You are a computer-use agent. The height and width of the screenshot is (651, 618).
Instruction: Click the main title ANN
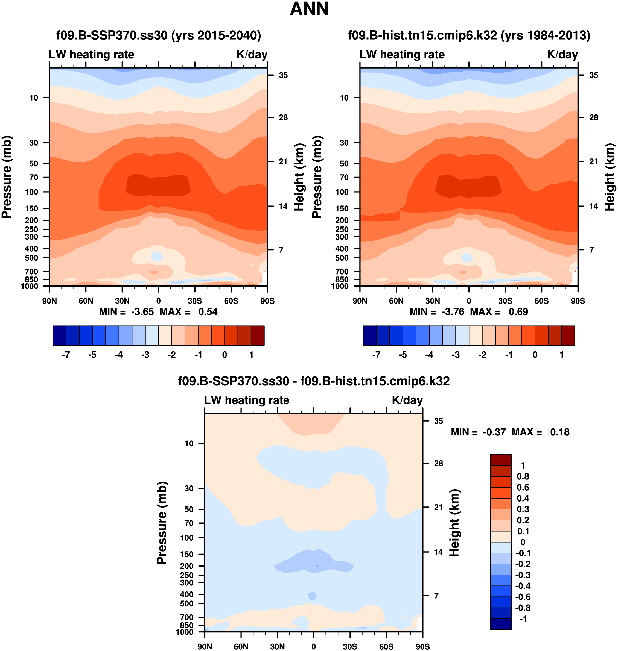[x=309, y=9]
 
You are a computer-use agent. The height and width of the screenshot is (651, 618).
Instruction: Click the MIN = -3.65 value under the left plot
[x=127, y=312]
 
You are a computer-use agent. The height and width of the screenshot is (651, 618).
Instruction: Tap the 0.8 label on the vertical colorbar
[x=523, y=476]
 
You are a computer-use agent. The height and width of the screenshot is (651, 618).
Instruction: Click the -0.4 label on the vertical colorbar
[x=523, y=586]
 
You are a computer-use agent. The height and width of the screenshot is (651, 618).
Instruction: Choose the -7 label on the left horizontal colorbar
[x=66, y=355]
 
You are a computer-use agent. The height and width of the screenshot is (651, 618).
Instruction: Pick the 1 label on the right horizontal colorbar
[x=562, y=355]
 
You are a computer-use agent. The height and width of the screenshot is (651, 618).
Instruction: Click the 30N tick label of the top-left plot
[x=122, y=301]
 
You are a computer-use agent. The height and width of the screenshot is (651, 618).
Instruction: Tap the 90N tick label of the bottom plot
[x=205, y=646]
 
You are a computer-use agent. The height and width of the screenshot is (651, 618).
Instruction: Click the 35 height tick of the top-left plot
[x=283, y=75]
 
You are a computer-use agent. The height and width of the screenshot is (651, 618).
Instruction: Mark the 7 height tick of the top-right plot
[x=592, y=250]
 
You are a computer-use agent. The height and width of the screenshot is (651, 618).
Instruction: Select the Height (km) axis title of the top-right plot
[x=610, y=177]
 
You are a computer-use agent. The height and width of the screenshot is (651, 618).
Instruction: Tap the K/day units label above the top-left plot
[x=252, y=54]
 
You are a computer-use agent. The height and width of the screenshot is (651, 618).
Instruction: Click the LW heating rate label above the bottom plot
[x=247, y=400]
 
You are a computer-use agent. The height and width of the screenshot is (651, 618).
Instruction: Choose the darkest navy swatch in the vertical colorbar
[x=501, y=624]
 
